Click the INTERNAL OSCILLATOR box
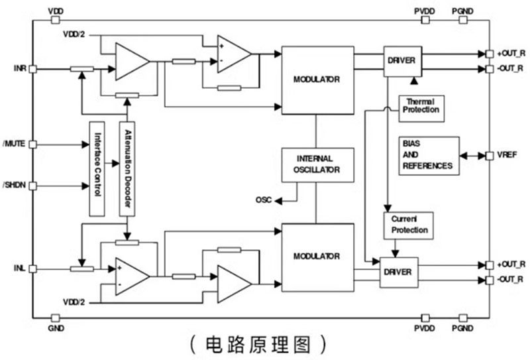(317, 164)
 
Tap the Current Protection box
(407, 225)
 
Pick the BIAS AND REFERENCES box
(429, 156)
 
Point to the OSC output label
(263, 200)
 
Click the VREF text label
(507, 155)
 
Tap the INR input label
(19, 68)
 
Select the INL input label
(19, 269)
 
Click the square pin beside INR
(32, 68)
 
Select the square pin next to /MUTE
(32, 143)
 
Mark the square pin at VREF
(490, 155)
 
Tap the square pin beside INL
(32, 269)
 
